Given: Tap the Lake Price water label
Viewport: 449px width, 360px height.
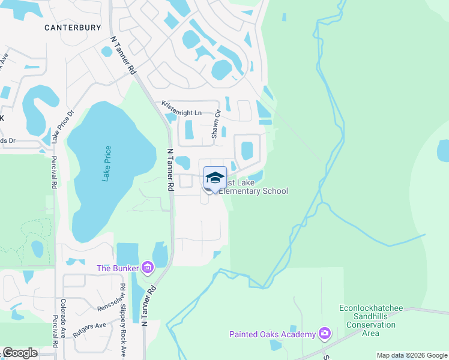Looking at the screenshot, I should (106, 163).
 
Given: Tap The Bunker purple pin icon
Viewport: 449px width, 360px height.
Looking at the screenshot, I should (148, 268).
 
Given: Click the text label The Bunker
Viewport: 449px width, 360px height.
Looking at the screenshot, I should (118, 268).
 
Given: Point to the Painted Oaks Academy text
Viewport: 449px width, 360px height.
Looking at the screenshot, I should (273, 334).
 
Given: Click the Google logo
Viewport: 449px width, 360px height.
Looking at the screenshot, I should (19, 353).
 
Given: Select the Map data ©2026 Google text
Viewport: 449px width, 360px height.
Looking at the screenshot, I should (411, 355).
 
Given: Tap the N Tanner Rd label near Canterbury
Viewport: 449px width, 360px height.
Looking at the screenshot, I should (123, 55).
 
